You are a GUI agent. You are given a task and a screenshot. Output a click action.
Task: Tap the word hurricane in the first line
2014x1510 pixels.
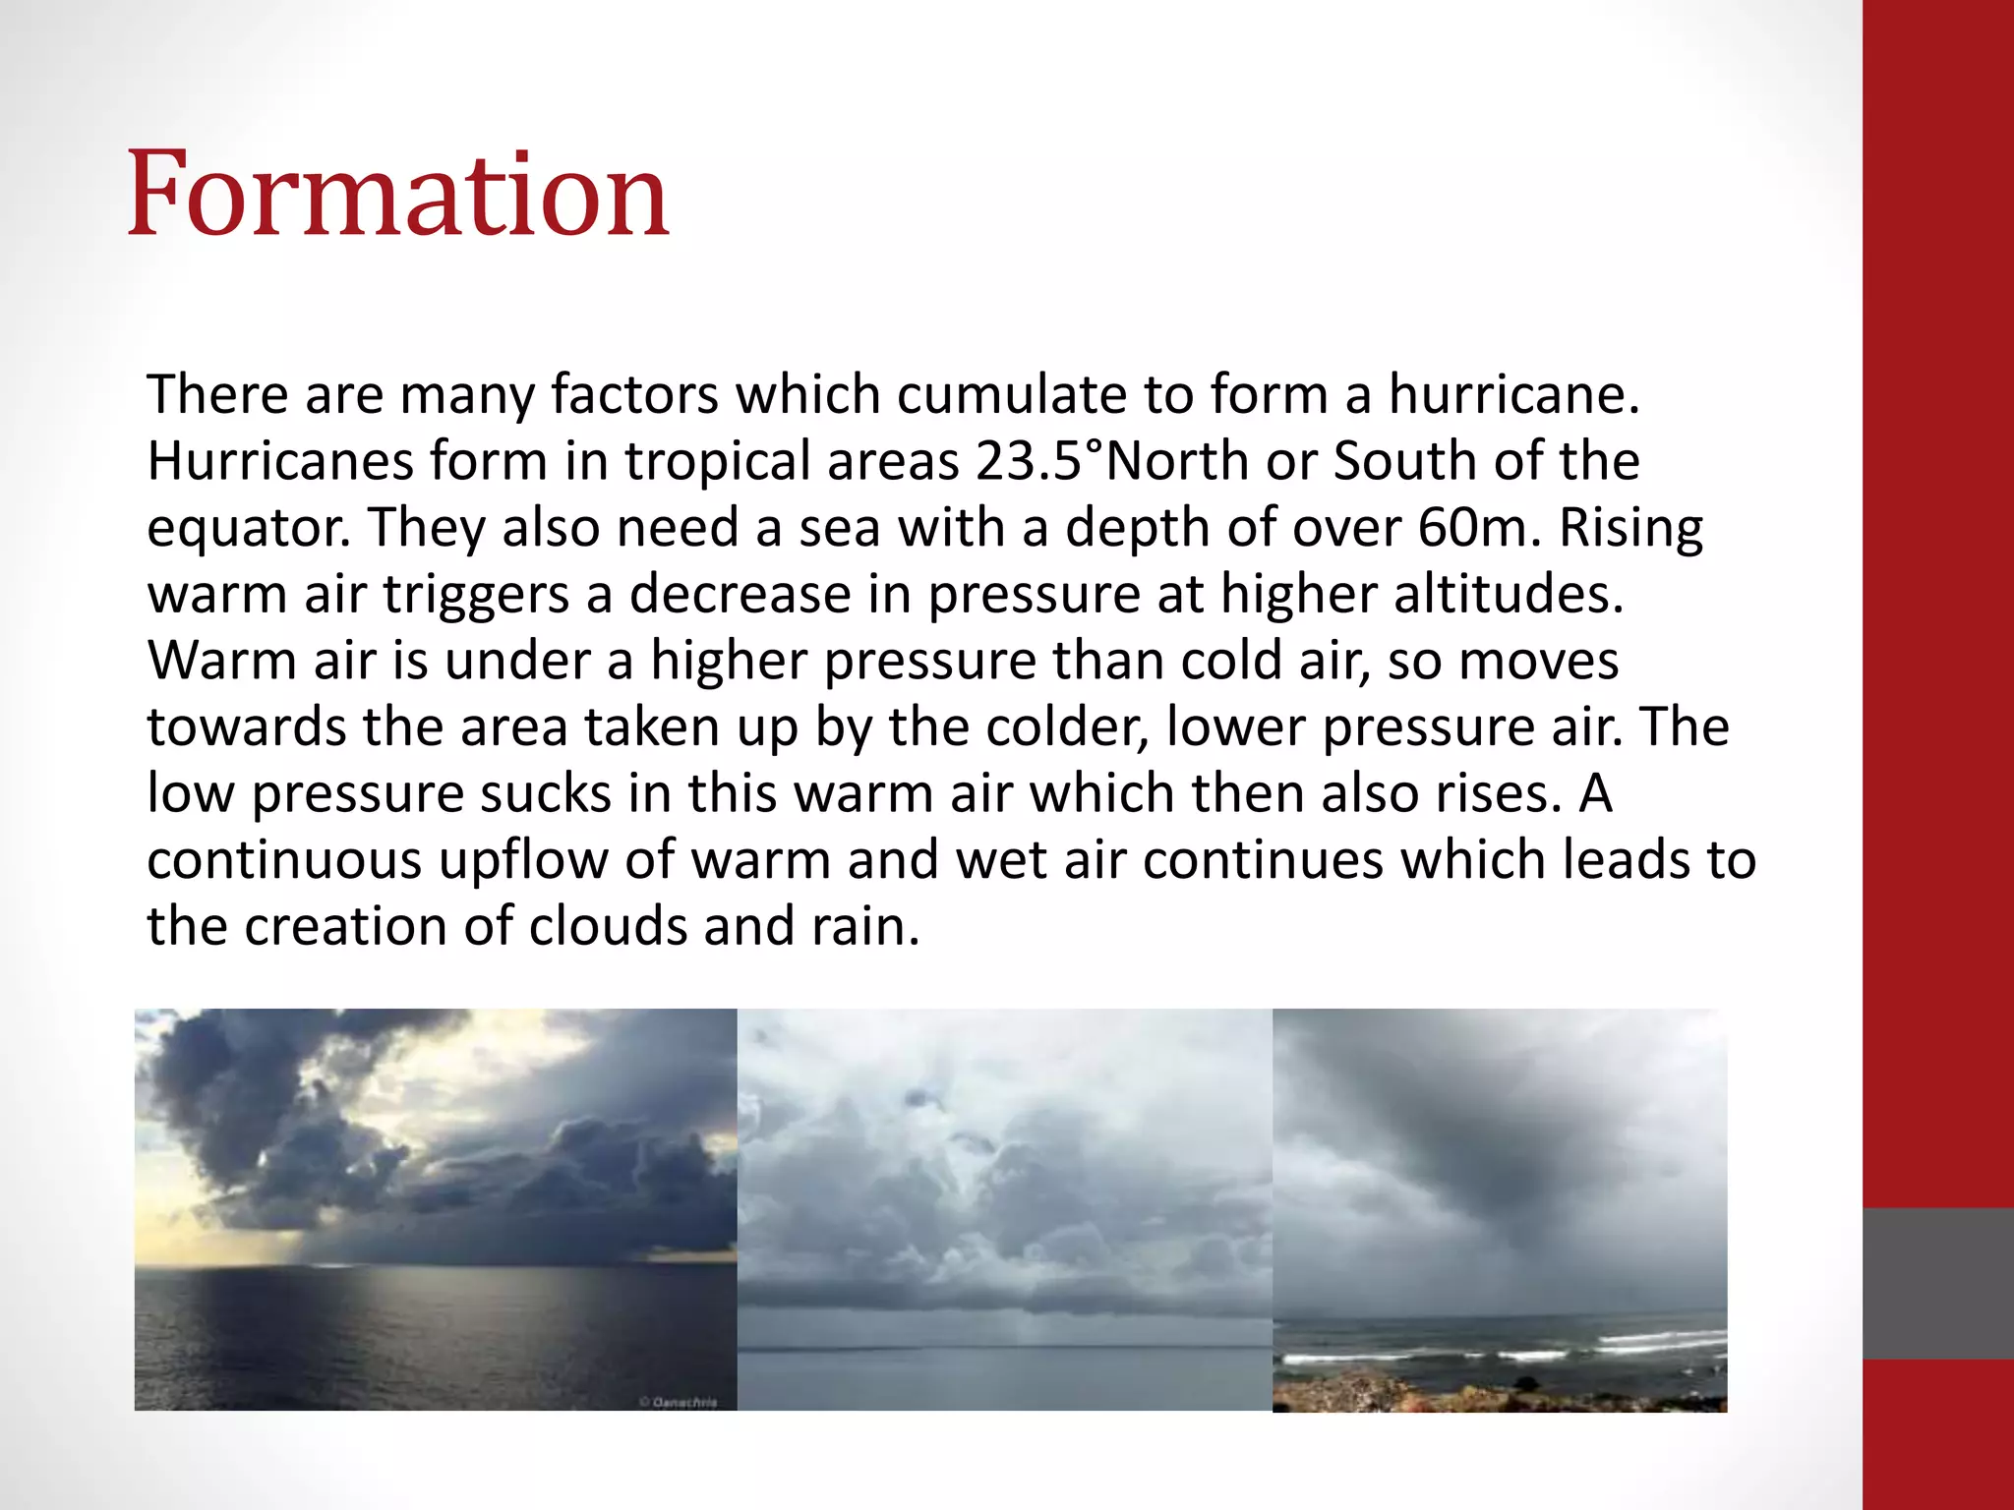[x=1513, y=395]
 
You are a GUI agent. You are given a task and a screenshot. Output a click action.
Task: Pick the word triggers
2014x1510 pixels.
[x=476, y=595]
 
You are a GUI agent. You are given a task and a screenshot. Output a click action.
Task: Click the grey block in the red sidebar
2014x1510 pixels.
[x=1938, y=1283]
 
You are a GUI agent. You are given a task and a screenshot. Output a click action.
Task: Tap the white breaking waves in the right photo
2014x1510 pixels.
[x=1662, y=1342]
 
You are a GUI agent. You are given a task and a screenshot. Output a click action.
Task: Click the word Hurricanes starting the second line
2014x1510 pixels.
[x=280, y=461]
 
